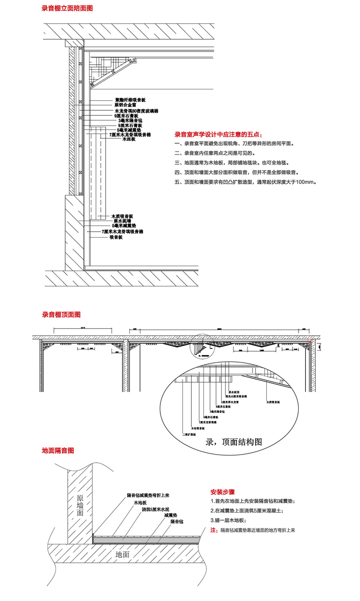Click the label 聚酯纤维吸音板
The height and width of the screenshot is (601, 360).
pos(129,100)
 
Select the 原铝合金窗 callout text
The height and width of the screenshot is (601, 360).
pos(125,105)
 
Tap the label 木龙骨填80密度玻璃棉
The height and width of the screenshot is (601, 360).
pos(136,111)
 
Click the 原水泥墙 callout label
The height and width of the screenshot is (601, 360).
pos(123,221)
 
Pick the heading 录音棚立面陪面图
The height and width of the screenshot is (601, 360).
pos(67,8)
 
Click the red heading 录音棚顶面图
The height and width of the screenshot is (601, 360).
pos(61,315)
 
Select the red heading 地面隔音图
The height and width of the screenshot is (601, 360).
pos(57,451)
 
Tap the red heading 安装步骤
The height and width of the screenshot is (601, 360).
pos(222,492)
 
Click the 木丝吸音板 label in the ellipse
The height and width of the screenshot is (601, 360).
pos(198,429)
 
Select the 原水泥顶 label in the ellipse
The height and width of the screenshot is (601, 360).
pos(232,391)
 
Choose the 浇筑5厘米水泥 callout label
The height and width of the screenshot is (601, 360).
pos(156,509)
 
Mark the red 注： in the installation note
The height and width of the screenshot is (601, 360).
pos(214,530)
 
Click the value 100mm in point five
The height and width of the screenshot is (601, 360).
pos(305,181)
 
